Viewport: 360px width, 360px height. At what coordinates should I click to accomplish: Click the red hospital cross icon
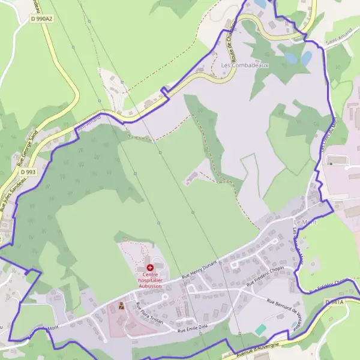[x=149, y=267]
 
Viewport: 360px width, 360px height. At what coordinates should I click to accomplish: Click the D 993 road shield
[x=28, y=172]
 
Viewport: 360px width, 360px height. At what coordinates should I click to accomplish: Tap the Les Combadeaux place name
[x=245, y=65]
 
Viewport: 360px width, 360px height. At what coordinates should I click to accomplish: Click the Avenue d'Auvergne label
[x=259, y=347]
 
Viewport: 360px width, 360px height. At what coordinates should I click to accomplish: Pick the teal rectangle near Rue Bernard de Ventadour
[x=260, y=329]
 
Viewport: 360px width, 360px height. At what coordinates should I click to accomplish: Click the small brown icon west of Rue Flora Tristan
[x=121, y=307]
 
